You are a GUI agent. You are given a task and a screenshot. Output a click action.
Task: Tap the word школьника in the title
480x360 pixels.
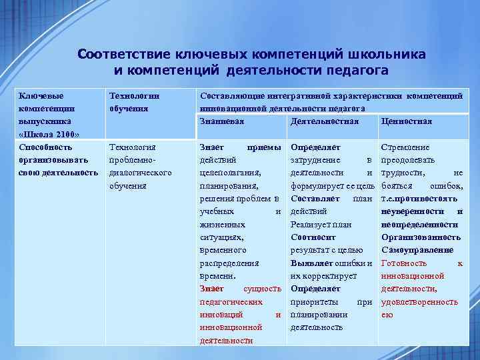click(x=389, y=54)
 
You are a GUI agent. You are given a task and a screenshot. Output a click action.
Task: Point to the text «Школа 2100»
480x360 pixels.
click(x=49, y=134)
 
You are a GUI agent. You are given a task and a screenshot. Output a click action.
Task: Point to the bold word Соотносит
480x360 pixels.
click(x=313, y=237)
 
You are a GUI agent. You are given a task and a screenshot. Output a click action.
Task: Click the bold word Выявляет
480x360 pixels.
click(x=312, y=263)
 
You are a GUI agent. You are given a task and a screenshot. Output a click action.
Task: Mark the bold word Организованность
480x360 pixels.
click(x=421, y=237)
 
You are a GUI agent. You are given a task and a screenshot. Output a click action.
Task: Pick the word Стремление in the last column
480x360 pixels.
click(x=405, y=147)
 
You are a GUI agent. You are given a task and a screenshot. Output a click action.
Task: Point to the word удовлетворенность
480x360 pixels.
click(x=419, y=302)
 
